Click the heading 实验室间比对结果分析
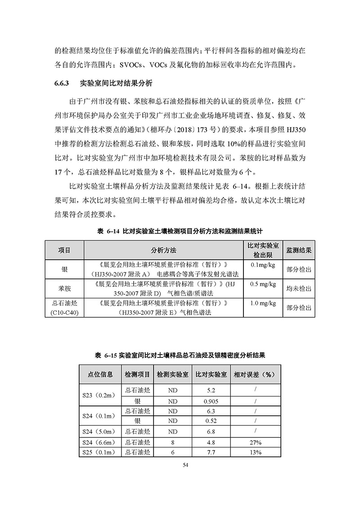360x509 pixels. (116, 83)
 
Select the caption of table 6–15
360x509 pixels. (180, 356)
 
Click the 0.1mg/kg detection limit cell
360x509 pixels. (262, 264)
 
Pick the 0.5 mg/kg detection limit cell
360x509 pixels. (262, 284)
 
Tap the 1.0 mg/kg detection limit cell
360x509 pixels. (262, 303)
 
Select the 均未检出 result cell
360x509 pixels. (299, 288)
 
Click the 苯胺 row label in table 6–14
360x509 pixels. (64, 288)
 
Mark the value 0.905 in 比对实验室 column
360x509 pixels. (211, 401)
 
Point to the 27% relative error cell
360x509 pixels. (255, 442)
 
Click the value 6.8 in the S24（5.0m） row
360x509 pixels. (211, 432)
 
